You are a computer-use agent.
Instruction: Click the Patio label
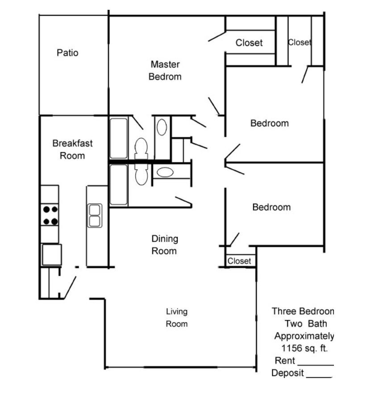[x=67, y=53]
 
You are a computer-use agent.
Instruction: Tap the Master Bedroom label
[x=165, y=71]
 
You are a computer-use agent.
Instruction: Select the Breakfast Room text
[x=72, y=150]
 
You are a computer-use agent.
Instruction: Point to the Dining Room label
[x=164, y=245]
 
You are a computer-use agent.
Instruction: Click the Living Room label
[x=177, y=318]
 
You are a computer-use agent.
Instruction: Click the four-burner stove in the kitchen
[x=50, y=215]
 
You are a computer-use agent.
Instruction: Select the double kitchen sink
[x=95, y=216]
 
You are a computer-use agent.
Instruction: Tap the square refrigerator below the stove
[x=51, y=255]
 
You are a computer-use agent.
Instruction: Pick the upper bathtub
[x=119, y=138]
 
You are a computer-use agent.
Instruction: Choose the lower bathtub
[x=119, y=185]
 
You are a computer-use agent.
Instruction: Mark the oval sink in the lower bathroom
[x=166, y=172]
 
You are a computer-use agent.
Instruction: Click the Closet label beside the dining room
[x=239, y=261]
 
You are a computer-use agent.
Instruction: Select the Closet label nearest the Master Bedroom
[x=249, y=43]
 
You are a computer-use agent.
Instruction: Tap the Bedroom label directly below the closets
[x=269, y=123]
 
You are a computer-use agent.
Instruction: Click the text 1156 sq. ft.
[x=303, y=349]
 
